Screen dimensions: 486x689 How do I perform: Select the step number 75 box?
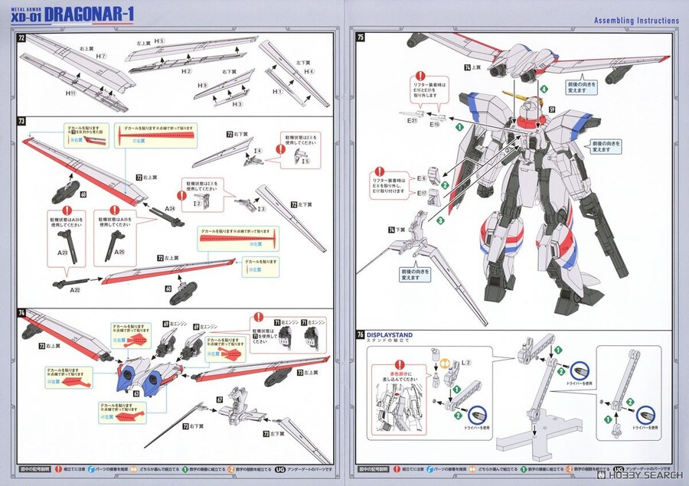pyautogui.click(x=361, y=37)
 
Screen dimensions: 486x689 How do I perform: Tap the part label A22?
pyautogui.click(x=75, y=290)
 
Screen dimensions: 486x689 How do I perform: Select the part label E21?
pyautogui.click(x=412, y=120)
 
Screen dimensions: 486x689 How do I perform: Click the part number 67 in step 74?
pyautogui.click(x=220, y=399)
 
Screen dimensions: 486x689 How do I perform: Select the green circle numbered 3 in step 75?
pyautogui.click(x=440, y=220)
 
